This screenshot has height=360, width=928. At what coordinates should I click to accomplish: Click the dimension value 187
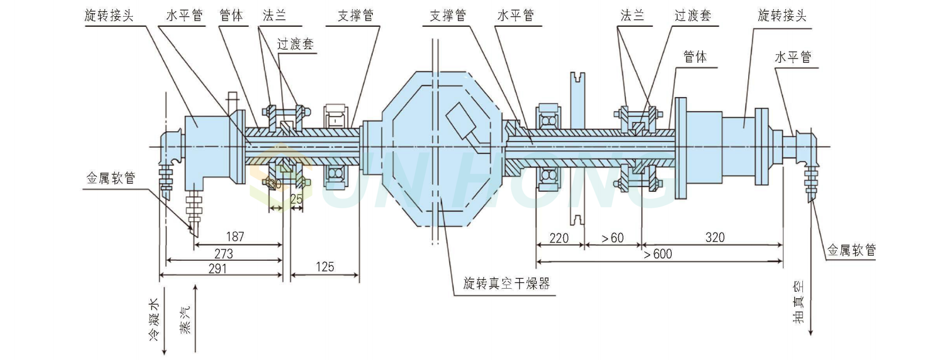coord(235,236)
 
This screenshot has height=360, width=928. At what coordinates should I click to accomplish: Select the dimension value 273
coord(223,253)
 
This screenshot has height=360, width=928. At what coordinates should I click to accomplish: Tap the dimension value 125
coord(325,266)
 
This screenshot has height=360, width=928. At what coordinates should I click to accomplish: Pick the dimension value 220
coord(559,237)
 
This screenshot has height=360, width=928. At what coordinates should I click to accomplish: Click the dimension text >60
coord(612,237)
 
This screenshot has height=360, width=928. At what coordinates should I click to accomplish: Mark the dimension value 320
coord(715,237)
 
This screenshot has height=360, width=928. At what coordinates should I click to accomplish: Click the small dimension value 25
coord(296,199)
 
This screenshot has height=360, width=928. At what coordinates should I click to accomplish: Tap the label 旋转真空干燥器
coord(507,283)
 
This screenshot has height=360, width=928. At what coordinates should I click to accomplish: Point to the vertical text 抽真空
coord(798,302)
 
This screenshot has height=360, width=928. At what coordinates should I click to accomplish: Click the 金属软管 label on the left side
coord(111,178)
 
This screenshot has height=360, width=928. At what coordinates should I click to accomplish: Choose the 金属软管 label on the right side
coord(852,250)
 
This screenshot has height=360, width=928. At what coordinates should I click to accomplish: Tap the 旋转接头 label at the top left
coord(109,16)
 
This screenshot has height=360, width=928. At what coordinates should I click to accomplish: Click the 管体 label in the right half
coord(695,57)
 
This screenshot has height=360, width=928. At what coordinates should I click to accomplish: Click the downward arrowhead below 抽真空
coord(810,332)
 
